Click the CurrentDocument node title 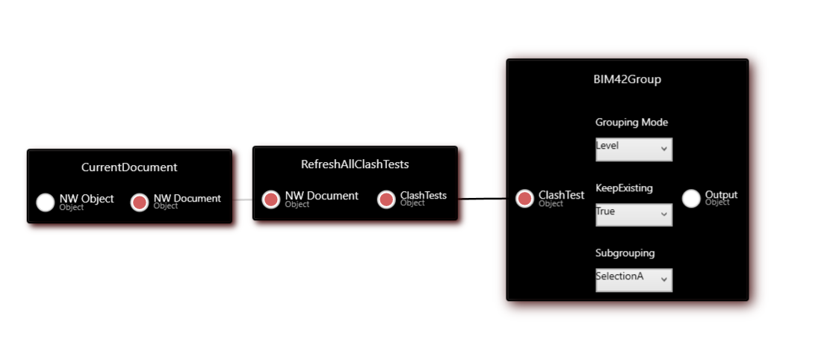[x=129, y=167]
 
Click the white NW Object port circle [x=46, y=202]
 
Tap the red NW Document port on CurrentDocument [x=140, y=202]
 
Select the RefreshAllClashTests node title [x=355, y=164]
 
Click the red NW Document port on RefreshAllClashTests [x=271, y=199]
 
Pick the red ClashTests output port [x=386, y=199]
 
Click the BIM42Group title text [x=627, y=79]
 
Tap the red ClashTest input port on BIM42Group [x=525, y=199]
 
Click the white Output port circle [x=691, y=198]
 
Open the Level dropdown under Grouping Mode [x=634, y=149]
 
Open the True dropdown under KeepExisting [x=634, y=214]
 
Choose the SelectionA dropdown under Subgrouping [x=634, y=280]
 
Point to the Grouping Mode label [x=631, y=122]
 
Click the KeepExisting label [x=624, y=187]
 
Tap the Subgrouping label [x=625, y=252]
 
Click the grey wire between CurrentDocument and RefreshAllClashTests [x=243, y=200]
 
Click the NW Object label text [x=87, y=199]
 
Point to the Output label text [x=721, y=195]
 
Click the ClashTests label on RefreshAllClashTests [x=424, y=196]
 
